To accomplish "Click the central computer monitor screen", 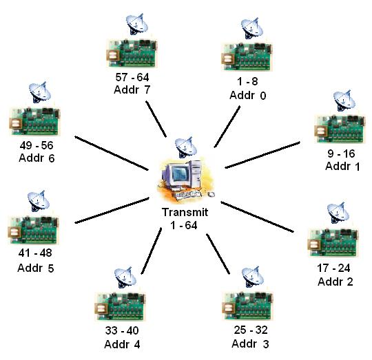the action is (180, 174).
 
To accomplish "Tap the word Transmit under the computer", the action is (185, 212).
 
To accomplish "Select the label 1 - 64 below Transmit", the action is (184, 225).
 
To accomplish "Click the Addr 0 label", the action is (248, 95).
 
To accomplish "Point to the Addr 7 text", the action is (132, 89).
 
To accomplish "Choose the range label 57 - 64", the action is (132, 77).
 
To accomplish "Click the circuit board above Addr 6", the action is (34, 121).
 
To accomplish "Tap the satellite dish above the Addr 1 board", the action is (344, 100).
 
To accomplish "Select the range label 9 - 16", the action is (341, 153).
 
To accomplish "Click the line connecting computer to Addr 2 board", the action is (258, 217).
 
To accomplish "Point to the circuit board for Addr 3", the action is (247, 306).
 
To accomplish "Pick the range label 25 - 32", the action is (251, 330).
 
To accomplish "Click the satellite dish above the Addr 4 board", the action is (125, 277).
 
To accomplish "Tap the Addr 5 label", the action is (36, 268).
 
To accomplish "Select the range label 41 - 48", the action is (35, 253).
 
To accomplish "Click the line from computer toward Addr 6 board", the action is (112, 153).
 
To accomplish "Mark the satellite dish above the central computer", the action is (186, 147).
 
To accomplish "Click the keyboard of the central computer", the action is (189, 194).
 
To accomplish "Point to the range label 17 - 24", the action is (333, 268).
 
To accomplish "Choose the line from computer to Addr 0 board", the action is (227, 127).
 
